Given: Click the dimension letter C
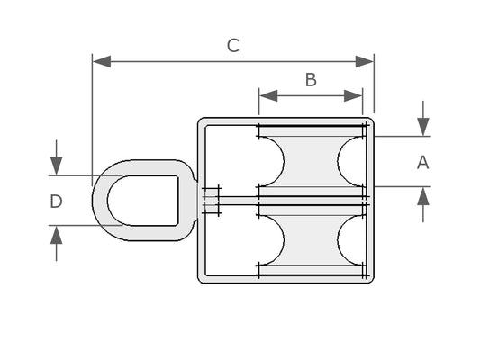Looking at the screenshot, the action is [233, 46].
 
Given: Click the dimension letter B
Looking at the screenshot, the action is [311, 80].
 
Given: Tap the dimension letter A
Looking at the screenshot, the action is [422, 162].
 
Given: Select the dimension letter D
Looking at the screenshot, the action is [56, 202].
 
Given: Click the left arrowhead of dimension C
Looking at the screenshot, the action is [102, 61].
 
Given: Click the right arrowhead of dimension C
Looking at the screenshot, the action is [365, 61].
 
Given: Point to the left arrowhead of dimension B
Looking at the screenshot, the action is [268, 95].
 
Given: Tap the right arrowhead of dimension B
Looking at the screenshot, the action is [353, 95].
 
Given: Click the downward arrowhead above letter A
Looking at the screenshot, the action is [423, 127].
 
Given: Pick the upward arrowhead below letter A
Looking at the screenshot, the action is [423, 196].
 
